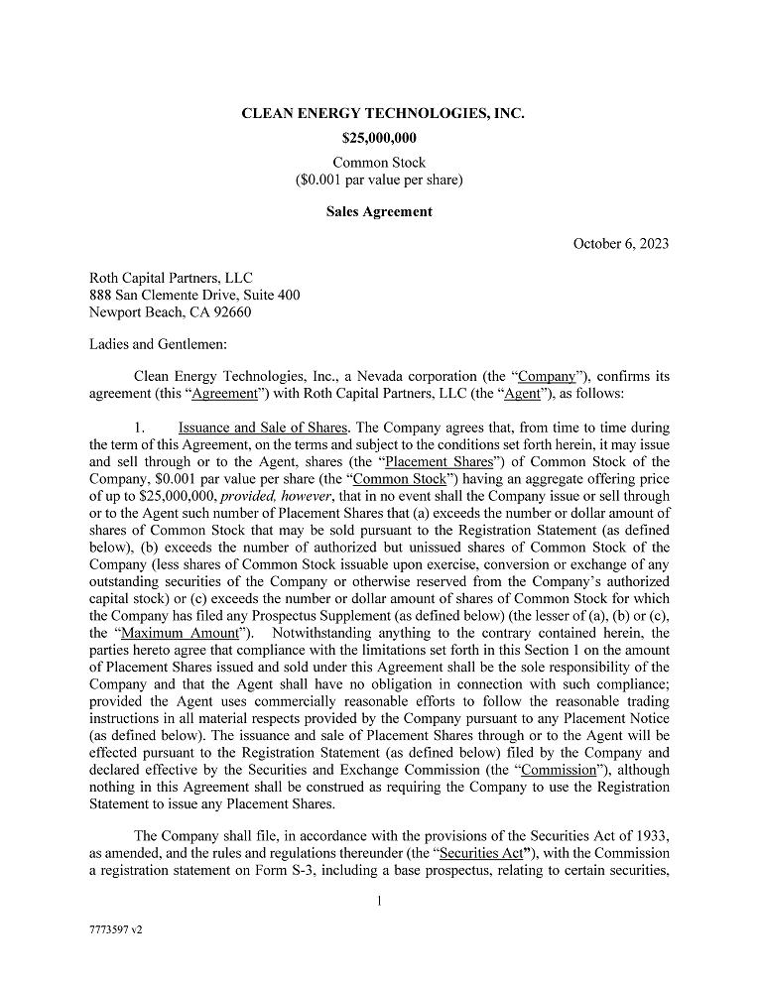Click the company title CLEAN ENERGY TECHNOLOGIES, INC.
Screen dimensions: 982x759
coord(383,114)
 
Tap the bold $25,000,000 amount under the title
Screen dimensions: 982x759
coord(379,139)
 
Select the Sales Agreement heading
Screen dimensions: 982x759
coord(379,211)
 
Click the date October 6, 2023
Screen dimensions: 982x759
coord(620,244)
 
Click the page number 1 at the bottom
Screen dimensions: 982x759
coord(379,902)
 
